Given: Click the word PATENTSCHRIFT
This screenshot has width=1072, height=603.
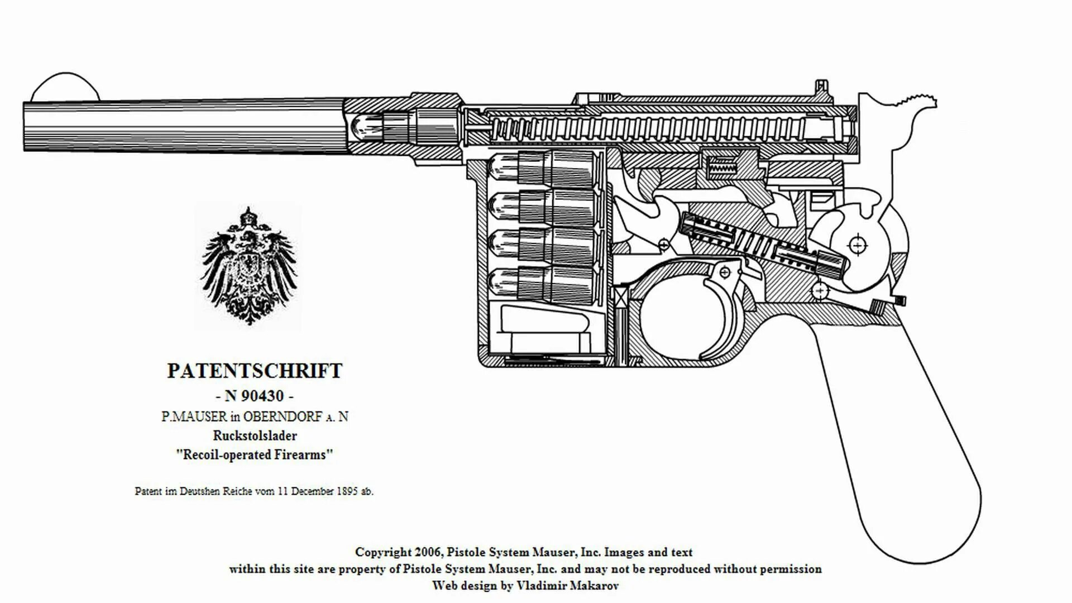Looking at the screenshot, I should (255, 371).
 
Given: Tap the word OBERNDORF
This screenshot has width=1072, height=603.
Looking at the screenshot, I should (283, 417).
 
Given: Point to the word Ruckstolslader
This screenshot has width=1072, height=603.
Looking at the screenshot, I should (255, 435).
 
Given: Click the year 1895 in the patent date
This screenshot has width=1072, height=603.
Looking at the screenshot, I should (347, 491).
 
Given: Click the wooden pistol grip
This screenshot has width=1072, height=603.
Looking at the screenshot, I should (904, 447).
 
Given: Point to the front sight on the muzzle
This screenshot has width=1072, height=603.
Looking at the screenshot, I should (64, 88).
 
